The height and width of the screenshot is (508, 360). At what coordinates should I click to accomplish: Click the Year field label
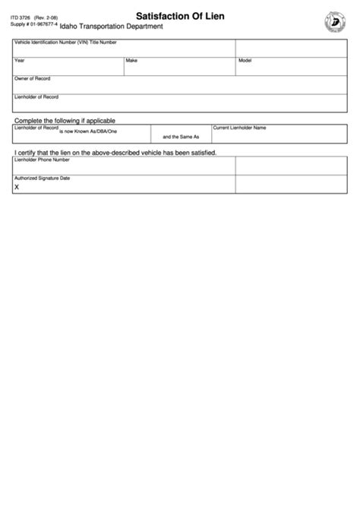click(20, 60)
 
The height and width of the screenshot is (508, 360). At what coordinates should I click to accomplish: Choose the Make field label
click(131, 60)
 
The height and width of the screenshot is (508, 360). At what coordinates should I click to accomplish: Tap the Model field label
click(245, 60)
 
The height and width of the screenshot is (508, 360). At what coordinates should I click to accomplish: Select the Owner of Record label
click(33, 78)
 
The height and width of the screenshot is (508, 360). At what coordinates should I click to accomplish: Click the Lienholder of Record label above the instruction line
click(36, 96)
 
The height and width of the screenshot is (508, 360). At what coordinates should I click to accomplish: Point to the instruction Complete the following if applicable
click(63, 121)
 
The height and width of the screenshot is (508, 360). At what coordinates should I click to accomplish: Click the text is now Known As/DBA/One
click(85, 132)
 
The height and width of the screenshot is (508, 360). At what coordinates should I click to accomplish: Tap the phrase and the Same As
click(181, 137)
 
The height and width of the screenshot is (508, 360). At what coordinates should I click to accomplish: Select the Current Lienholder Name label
click(239, 128)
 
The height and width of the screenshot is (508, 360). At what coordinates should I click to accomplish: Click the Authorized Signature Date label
click(43, 177)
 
